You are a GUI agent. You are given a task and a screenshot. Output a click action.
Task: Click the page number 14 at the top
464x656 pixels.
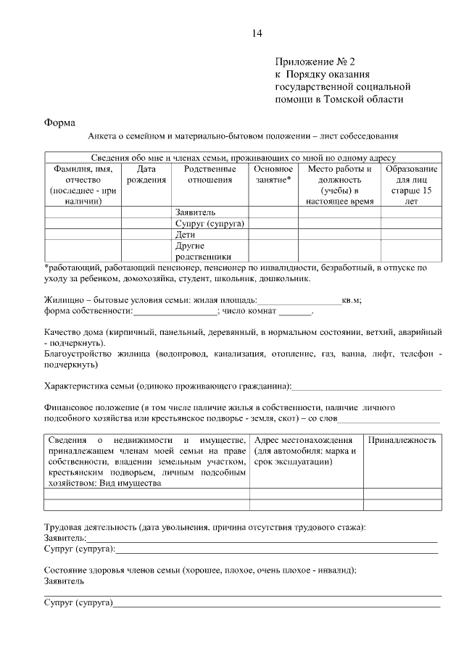[x=257, y=33]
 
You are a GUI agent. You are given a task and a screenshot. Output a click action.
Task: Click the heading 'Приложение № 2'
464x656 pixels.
[x=316, y=62]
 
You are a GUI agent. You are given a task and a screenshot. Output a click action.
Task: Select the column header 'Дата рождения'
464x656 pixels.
[x=146, y=175]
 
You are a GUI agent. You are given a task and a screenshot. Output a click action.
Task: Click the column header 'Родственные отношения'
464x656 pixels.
[x=210, y=175]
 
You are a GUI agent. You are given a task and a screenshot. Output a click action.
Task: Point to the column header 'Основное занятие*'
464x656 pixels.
[x=273, y=175]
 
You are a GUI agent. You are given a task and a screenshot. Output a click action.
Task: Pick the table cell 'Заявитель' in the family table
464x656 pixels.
[x=195, y=213]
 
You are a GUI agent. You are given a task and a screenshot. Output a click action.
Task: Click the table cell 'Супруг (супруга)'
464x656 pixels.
[x=210, y=224]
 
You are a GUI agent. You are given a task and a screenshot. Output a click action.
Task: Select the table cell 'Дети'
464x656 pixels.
[x=185, y=235]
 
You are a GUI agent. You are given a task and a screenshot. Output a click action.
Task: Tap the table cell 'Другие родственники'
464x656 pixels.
[x=203, y=251]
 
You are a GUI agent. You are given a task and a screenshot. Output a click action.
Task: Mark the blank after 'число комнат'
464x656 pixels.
[x=295, y=312]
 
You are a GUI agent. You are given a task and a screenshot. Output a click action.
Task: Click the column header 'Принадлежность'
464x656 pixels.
[x=402, y=441]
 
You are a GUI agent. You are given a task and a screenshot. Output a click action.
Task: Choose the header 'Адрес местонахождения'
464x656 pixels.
[x=304, y=441]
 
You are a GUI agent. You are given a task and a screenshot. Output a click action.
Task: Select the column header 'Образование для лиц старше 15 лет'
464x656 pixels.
[x=411, y=185]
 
